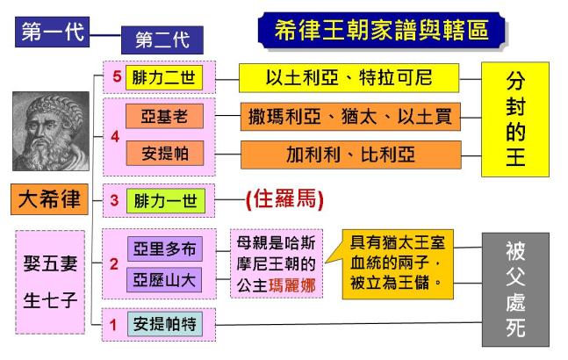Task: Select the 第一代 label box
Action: (53, 33)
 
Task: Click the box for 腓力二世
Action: (165, 77)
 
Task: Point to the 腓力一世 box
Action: (165, 200)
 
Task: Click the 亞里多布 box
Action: (165, 248)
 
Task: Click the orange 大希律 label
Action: (50, 200)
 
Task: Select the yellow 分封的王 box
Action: (515, 118)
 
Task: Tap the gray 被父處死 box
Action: (515, 290)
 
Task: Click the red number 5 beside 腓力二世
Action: (116, 76)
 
